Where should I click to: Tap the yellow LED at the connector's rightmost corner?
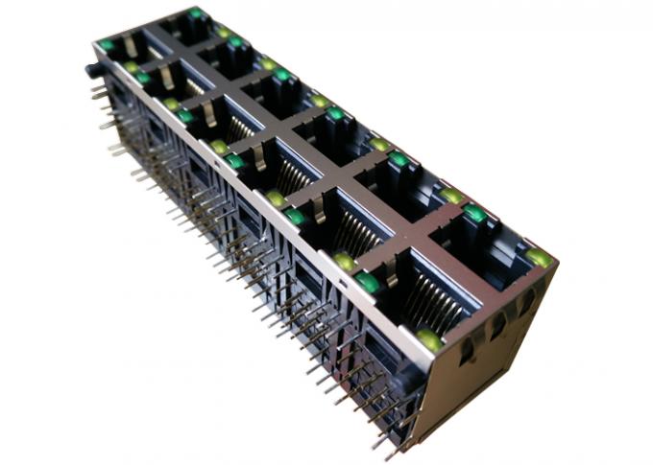pyautogui.click(x=540, y=257)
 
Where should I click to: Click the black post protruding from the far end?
pyautogui.click(x=93, y=69)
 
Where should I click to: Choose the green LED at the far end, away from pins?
pyautogui.click(x=196, y=12)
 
